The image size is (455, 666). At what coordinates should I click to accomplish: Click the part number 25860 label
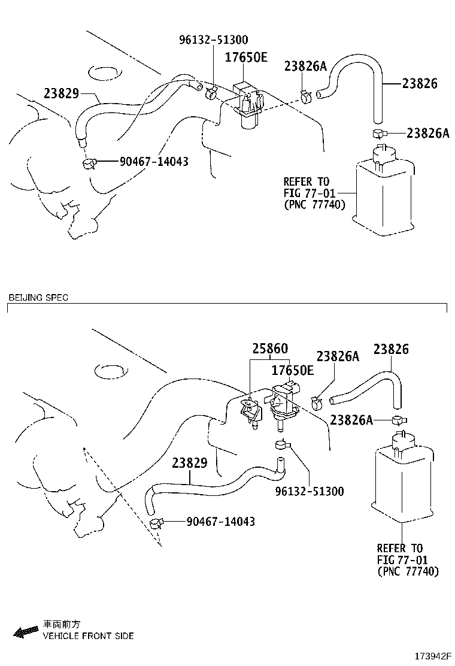point(269,349)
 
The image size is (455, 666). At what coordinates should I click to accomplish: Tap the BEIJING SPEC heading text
point(38,298)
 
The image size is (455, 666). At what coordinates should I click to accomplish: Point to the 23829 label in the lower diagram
point(190,463)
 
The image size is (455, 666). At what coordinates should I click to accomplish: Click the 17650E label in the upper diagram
point(246,57)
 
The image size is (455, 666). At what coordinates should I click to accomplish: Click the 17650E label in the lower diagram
point(293,371)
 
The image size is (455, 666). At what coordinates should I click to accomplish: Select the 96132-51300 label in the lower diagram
point(310,491)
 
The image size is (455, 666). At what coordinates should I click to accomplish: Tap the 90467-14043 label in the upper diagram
point(154,162)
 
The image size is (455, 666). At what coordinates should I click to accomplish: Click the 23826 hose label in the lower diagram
point(392,349)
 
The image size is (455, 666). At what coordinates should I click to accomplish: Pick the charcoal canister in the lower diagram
point(402,479)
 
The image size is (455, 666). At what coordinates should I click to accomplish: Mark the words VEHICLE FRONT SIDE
point(88,635)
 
